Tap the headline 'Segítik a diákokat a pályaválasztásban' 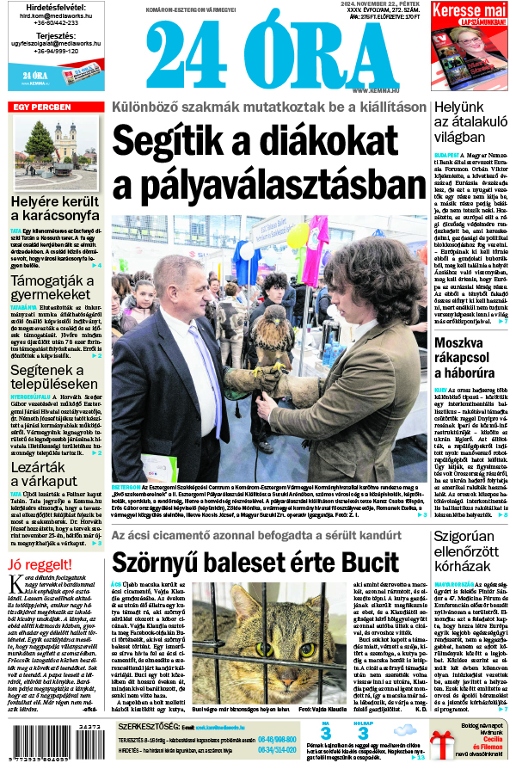click(268, 163)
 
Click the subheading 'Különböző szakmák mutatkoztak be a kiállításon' click(268, 108)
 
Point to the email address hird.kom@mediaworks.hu click(55, 15)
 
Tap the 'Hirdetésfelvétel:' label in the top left click(55, 6)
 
